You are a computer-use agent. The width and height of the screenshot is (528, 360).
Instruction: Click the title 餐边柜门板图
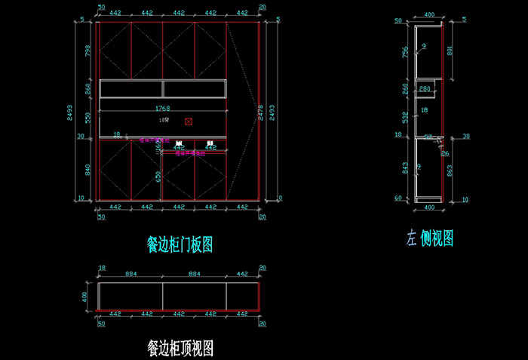point(180,245)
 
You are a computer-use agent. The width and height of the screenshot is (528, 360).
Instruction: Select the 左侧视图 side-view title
point(429,238)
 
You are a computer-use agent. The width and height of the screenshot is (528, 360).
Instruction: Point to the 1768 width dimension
point(164,108)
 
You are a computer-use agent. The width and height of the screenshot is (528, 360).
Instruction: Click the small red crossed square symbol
point(189,121)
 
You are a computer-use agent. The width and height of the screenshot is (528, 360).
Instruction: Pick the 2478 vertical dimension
point(261,112)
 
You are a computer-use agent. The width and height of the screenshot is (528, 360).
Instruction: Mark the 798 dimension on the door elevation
point(87,51)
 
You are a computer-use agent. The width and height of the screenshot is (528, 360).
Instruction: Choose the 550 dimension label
point(87,118)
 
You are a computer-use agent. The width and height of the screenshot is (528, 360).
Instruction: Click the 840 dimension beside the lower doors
point(87,171)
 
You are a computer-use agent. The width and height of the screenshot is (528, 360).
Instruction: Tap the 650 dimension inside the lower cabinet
point(158,177)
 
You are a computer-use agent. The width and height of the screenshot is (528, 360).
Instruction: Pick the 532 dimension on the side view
point(405,117)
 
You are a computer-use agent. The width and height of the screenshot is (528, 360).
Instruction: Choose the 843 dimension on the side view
point(405,168)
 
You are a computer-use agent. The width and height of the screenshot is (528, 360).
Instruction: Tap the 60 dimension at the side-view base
point(399,198)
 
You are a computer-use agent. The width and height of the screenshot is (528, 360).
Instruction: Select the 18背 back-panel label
point(164,120)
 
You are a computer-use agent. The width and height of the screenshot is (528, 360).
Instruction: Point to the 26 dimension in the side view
point(445,155)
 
